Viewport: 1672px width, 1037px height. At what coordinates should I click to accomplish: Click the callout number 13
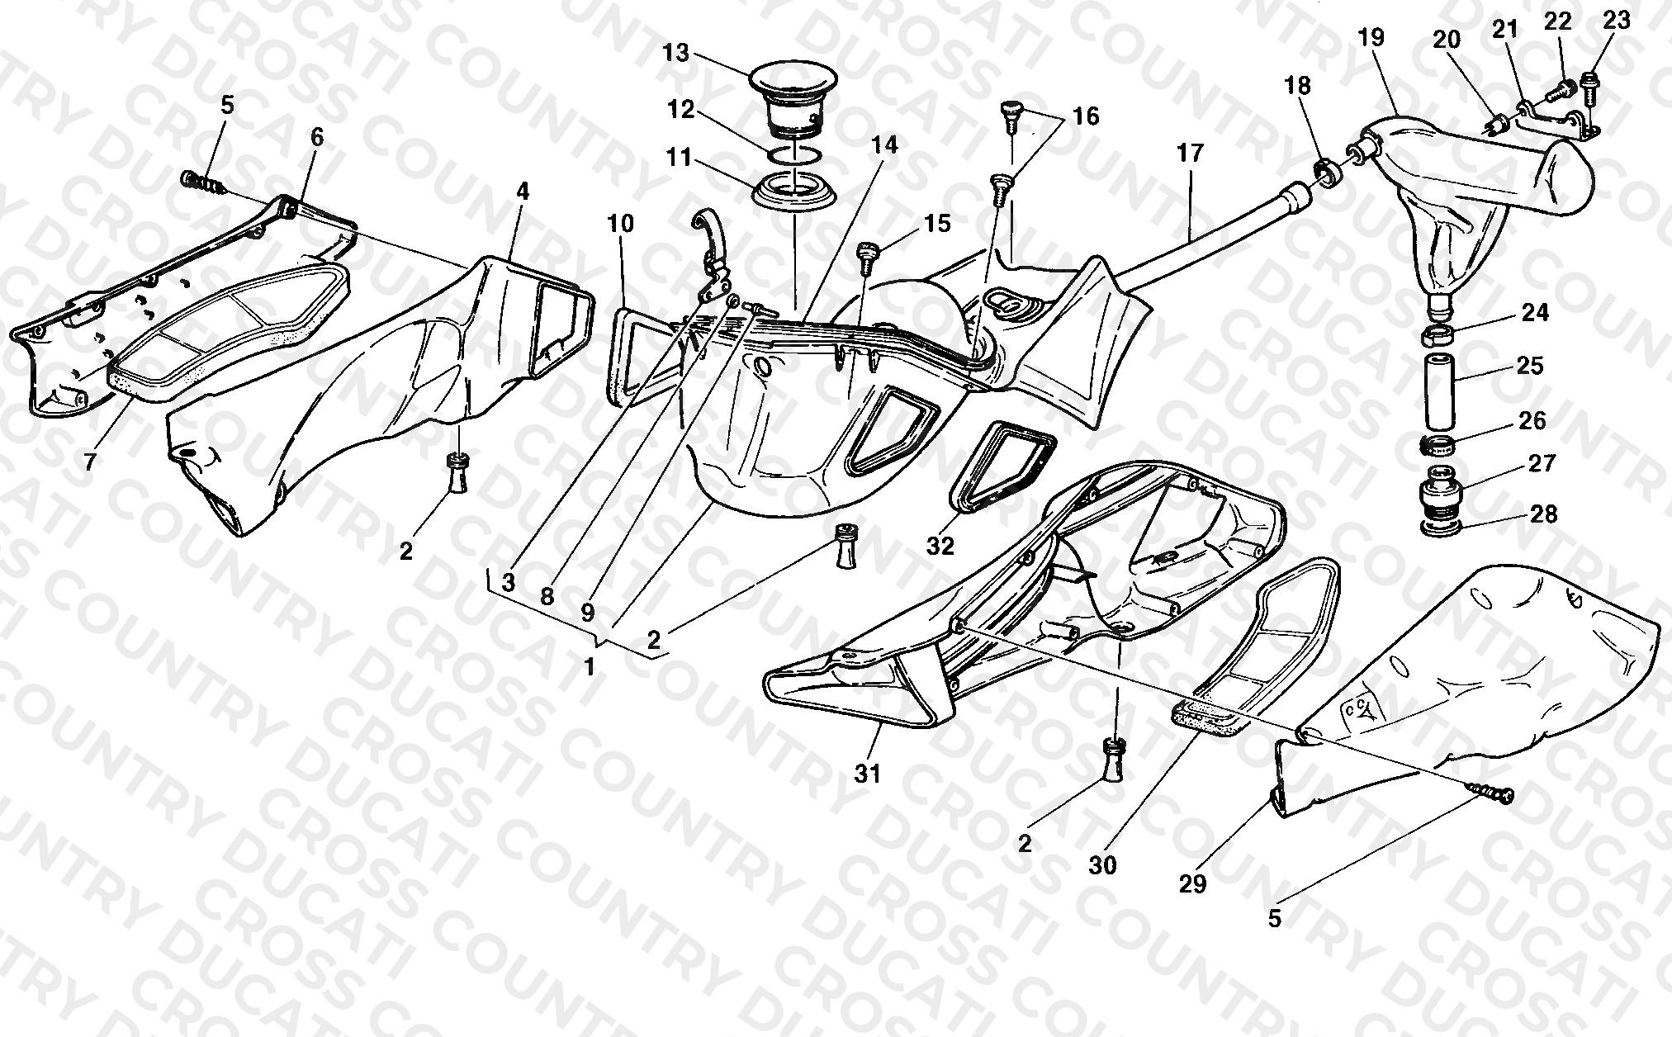point(675,54)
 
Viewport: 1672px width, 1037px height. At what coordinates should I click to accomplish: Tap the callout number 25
point(1530,365)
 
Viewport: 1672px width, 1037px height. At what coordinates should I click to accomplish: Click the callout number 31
point(868,774)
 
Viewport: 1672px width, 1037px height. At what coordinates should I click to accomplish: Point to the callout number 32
point(940,545)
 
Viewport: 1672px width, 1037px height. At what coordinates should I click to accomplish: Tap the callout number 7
point(90,460)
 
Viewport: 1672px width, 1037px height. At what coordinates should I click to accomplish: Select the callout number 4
point(523,192)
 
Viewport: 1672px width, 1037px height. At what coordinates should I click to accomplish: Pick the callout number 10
point(622,224)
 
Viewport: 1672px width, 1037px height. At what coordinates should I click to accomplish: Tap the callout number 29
point(1193,883)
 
